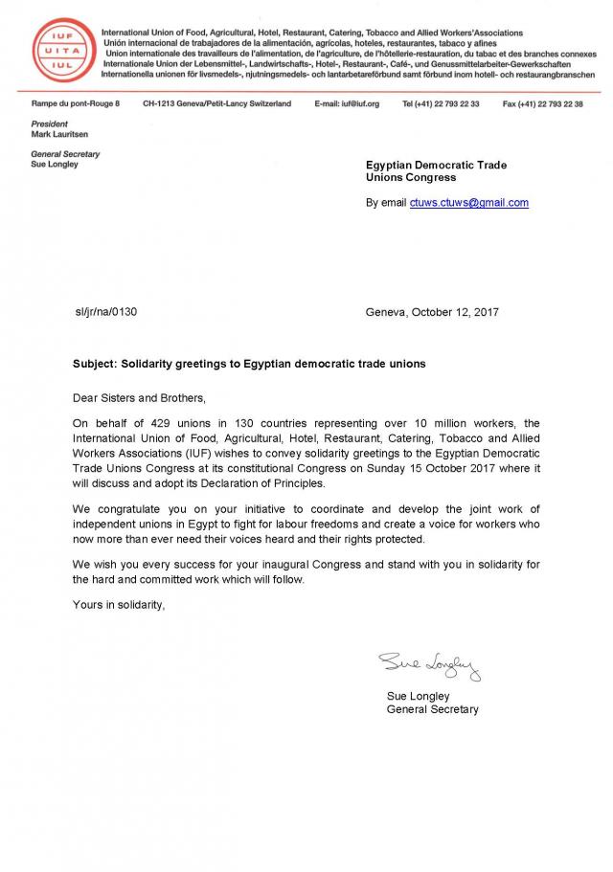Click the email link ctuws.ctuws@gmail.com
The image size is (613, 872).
tap(468, 203)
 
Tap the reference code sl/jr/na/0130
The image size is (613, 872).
tap(112, 312)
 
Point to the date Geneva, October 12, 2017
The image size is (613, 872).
tap(432, 312)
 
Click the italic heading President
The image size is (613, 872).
tap(50, 124)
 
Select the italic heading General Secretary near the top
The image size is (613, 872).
tap(65, 154)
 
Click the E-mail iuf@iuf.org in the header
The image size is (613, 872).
tap(347, 103)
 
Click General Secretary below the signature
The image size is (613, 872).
tap(432, 709)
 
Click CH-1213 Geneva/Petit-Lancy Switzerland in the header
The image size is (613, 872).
tap(216, 103)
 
